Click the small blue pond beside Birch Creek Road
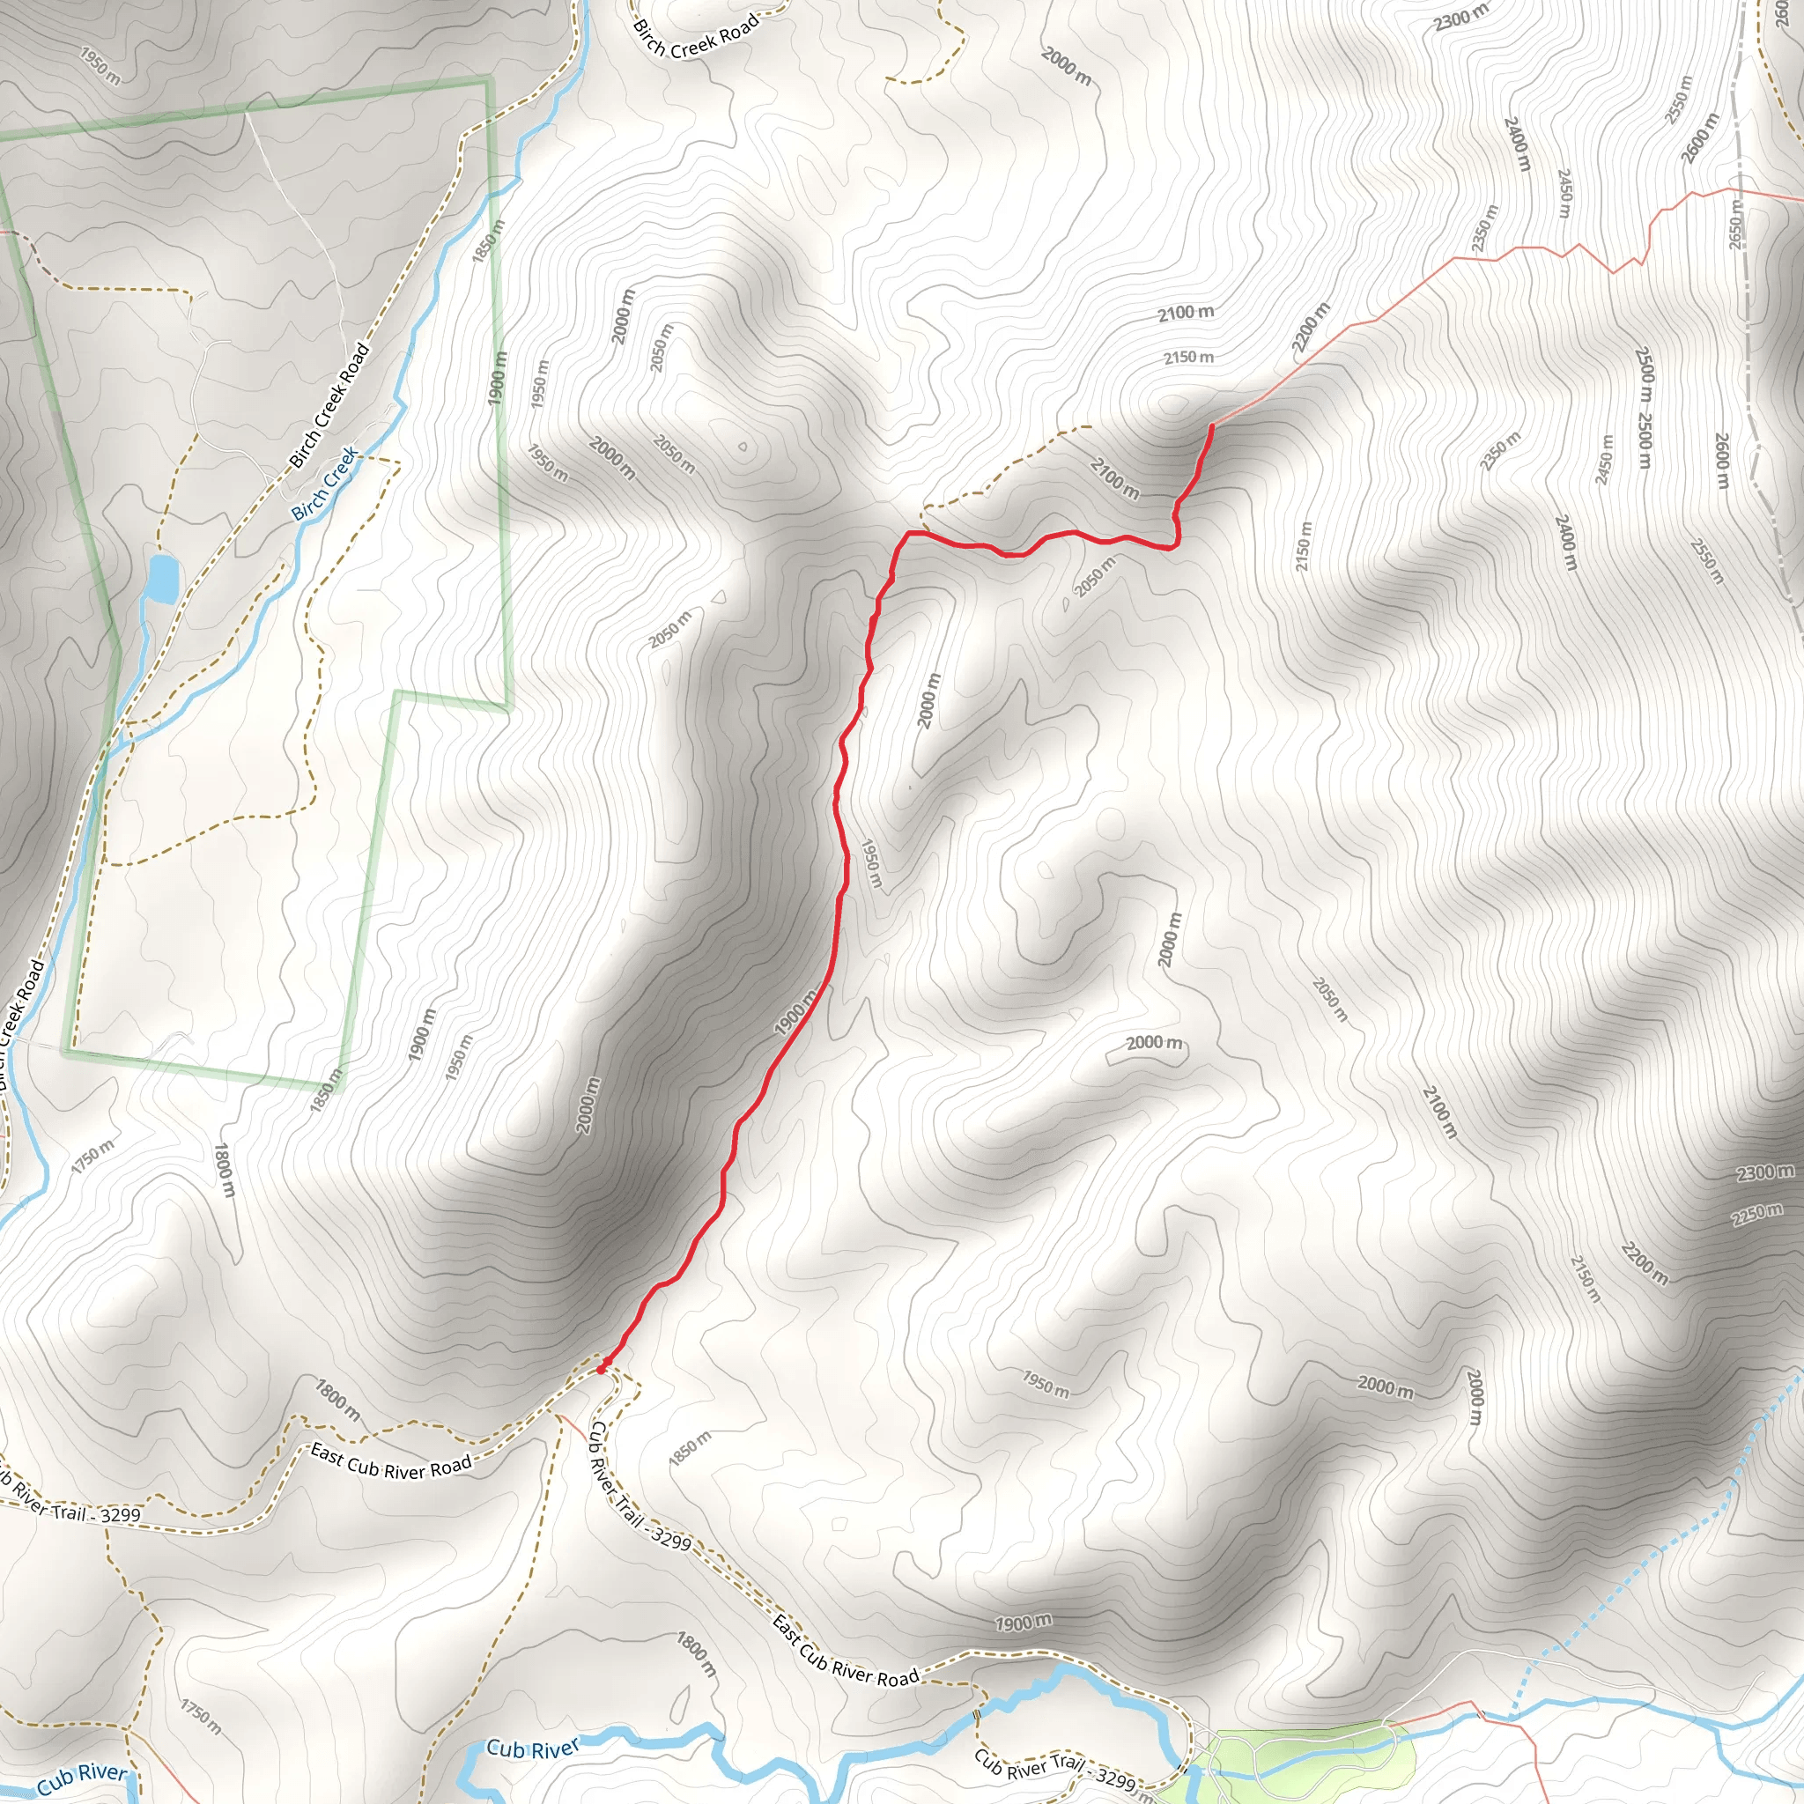162,579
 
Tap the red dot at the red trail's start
602,1369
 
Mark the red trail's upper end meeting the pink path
1211,425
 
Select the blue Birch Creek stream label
324,484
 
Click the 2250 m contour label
1756,1214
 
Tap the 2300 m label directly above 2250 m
1764,1172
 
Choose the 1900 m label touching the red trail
796,1012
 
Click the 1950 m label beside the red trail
869,864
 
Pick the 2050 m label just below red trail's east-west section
1094,576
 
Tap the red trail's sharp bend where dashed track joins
908,533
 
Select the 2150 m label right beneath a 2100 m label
1187,357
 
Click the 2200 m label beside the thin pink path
1311,328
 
